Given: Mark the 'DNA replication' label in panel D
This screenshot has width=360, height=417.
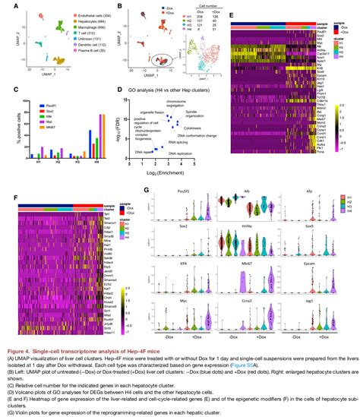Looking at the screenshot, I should [x=182, y=153].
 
